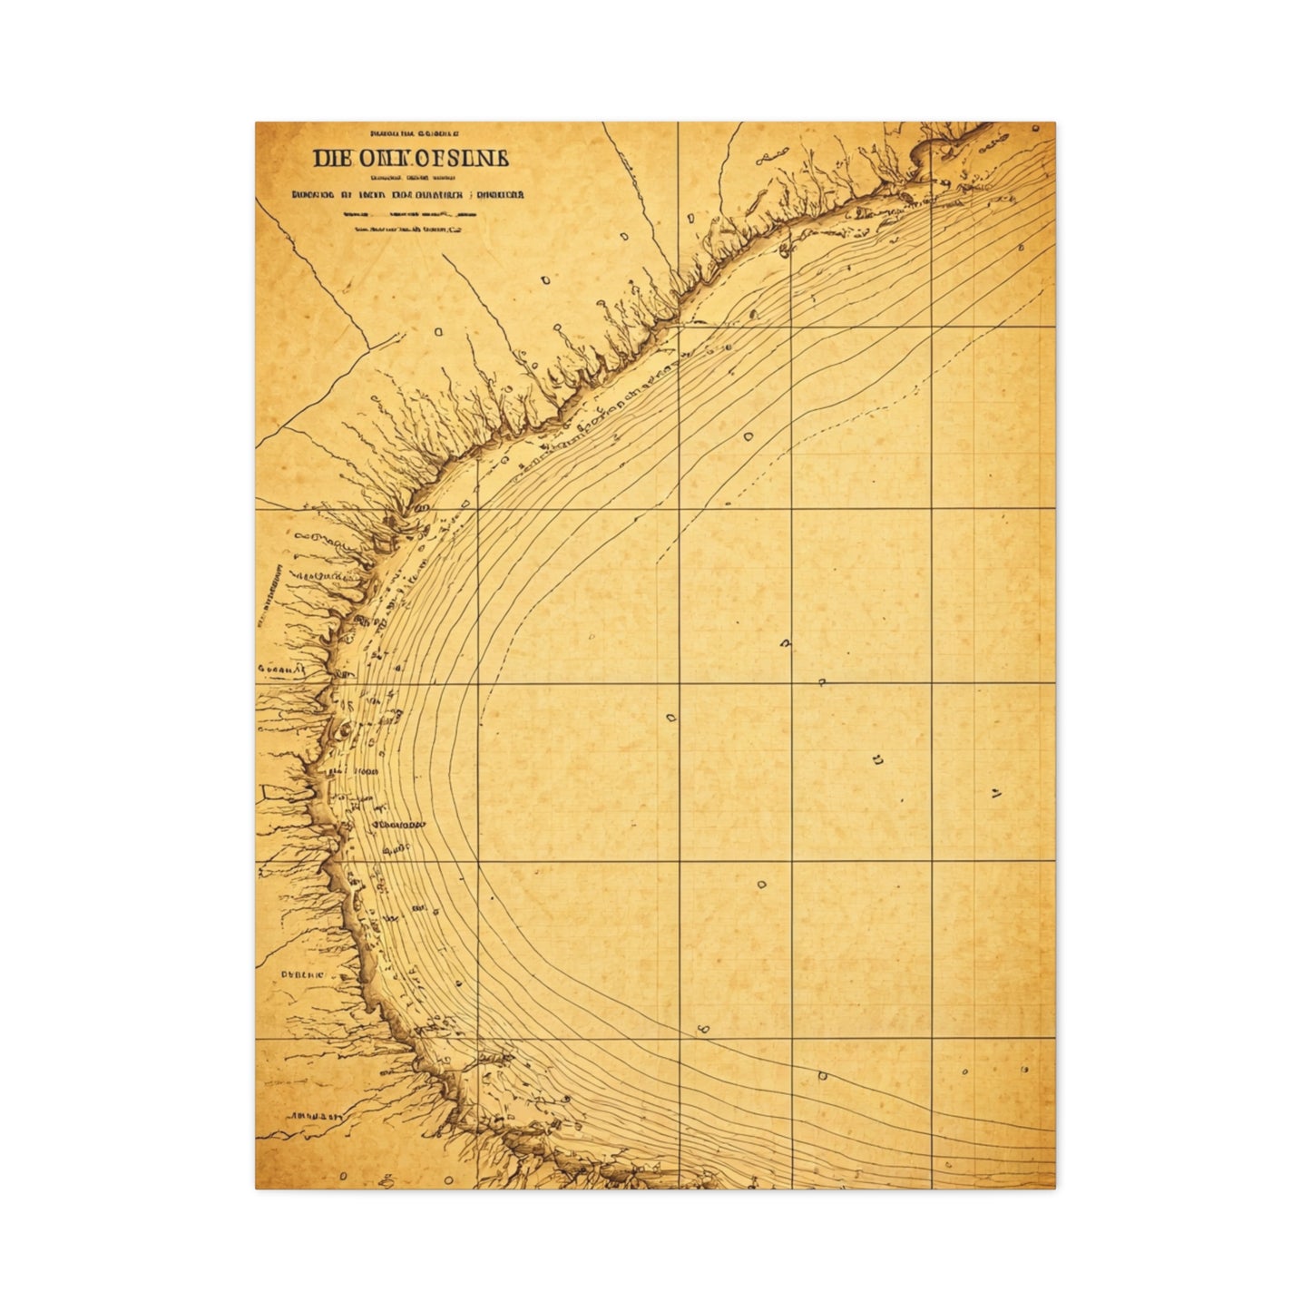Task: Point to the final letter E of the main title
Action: point(502,159)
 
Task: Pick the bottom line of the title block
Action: point(409,230)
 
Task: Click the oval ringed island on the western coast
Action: point(344,729)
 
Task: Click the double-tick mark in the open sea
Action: point(995,795)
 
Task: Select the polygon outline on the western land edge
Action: point(270,794)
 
